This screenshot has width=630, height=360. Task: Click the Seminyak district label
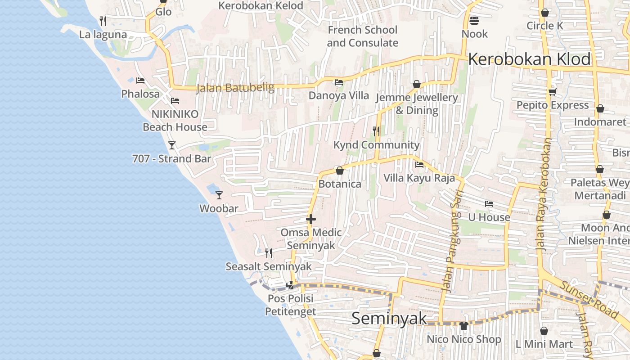pyautogui.click(x=389, y=319)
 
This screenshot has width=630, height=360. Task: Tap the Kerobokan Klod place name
pyautogui.click(x=530, y=59)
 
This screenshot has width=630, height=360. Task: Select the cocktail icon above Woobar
pyautogui.click(x=219, y=195)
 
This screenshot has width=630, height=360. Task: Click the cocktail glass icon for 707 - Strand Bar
pyautogui.click(x=171, y=145)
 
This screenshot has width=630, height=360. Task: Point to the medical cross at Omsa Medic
pyautogui.click(x=310, y=219)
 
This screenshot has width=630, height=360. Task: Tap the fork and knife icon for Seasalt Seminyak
pyautogui.click(x=269, y=253)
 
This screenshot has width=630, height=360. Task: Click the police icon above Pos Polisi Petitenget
pyautogui.click(x=290, y=284)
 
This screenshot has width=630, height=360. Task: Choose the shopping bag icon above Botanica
pyautogui.click(x=340, y=171)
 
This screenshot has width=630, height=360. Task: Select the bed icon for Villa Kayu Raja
pyautogui.click(x=419, y=164)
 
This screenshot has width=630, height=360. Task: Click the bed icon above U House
pyautogui.click(x=489, y=204)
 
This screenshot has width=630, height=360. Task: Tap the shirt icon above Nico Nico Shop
pyautogui.click(x=464, y=325)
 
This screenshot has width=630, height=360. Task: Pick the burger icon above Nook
pyautogui.click(x=474, y=20)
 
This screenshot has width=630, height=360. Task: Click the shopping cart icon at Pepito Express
pyautogui.click(x=552, y=92)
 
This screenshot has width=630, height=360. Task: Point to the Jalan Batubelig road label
pyautogui.click(x=235, y=87)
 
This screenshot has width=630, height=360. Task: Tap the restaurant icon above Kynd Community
pyautogui.click(x=376, y=131)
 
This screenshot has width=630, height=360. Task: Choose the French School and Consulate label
pyautogui.click(x=362, y=36)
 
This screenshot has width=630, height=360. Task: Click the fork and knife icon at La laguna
pyautogui.click(x=103, y=21)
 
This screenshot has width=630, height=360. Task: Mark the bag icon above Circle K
pyautogui.click(x=544, y=13)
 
